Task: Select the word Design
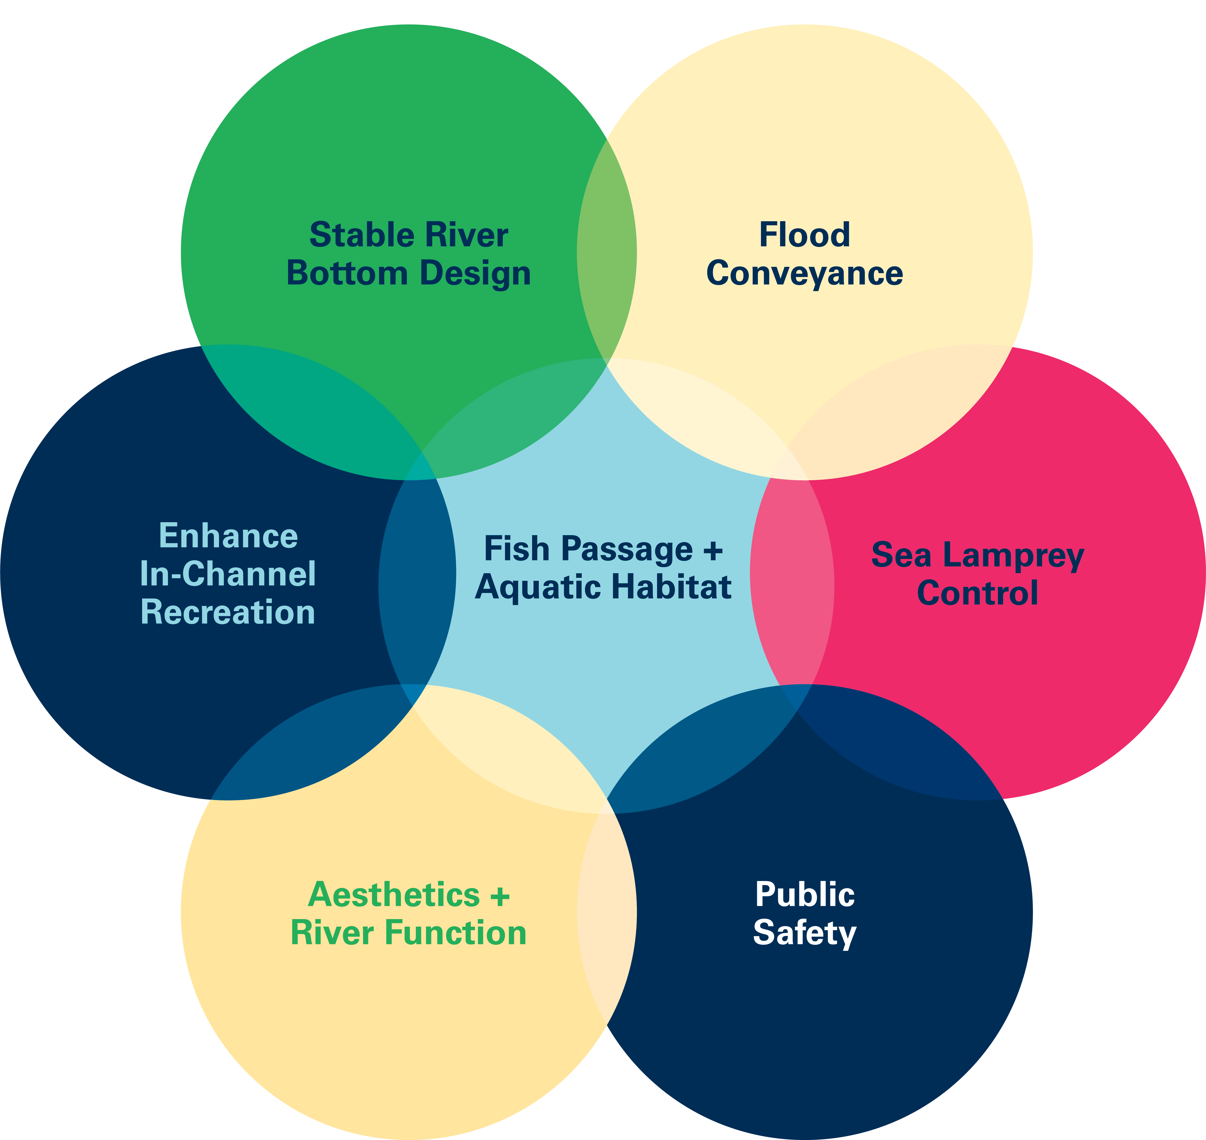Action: [x=475, y=273]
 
